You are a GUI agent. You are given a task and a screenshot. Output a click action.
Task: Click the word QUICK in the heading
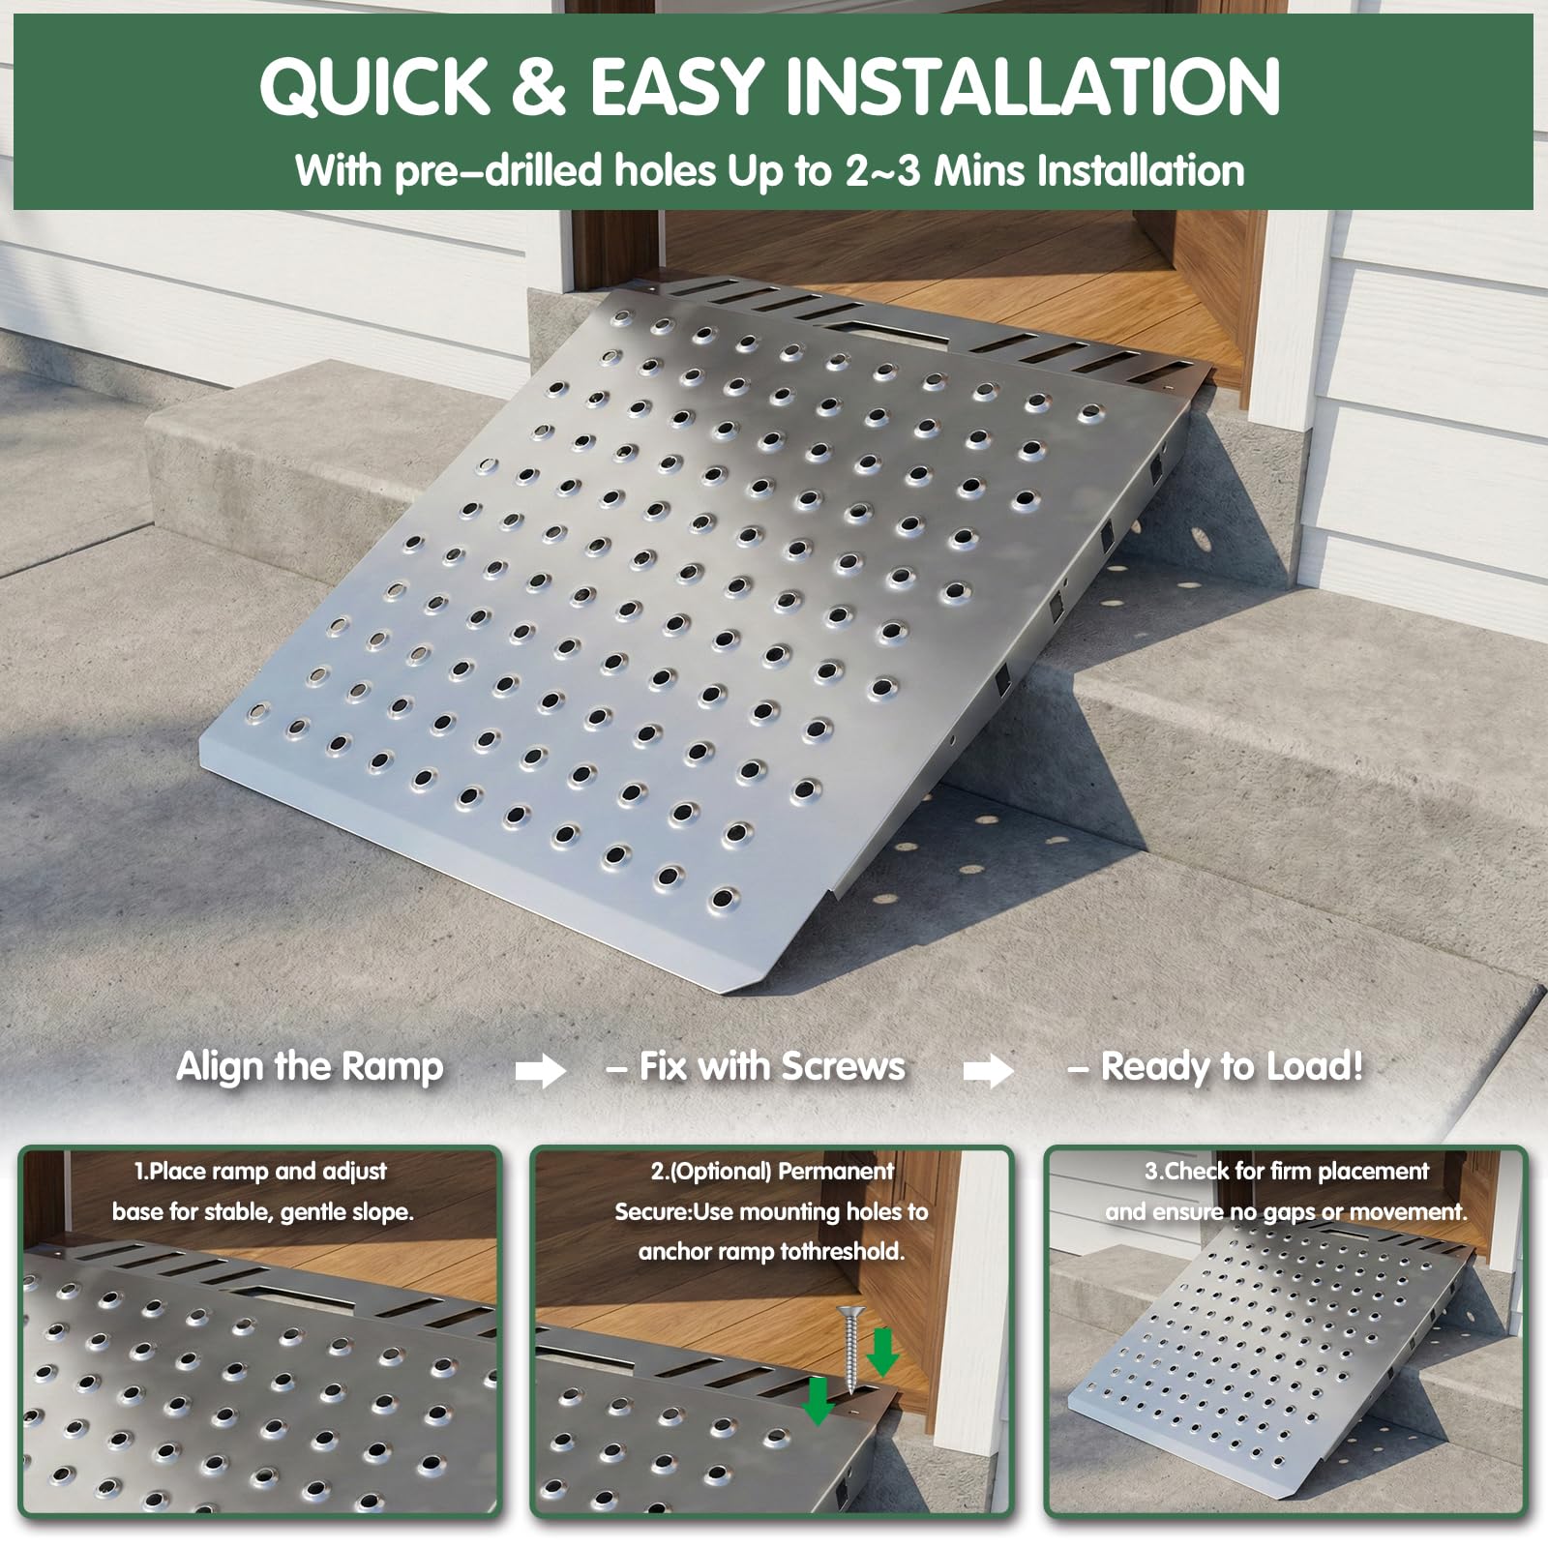(x=376, y=86)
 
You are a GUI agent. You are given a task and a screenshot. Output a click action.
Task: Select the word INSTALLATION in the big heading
(x=1033, y=86)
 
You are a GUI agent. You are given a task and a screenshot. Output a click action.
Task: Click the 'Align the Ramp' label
(x=310, y=1066)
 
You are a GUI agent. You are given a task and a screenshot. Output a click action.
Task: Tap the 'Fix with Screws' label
(x=772, y=1066)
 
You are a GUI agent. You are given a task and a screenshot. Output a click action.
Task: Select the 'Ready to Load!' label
(x=1232, y=1066)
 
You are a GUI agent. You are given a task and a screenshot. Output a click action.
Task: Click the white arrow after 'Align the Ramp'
(x=540, y=1070)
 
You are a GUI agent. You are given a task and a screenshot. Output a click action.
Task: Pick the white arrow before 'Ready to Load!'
(x=988, y=1070)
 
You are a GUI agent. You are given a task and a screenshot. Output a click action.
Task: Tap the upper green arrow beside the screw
(x=882, y=1352)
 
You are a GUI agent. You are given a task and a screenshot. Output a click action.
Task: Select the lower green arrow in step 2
(x=819, y=1400)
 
